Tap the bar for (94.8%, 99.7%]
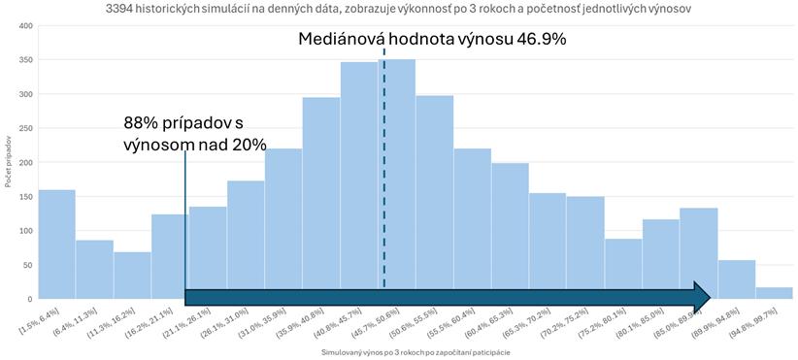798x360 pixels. pyautogui.click(x=774, y=293)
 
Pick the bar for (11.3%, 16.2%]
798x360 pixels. pyautogui.click(x=132, y=276)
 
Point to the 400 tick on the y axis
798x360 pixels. pyautogui.click(x=26, y=25)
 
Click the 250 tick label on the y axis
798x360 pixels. pyautogui.click(x=26, y=128)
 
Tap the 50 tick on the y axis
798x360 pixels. pyautogui.click(x=28, y=265)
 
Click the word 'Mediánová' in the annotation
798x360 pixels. pyautogui.click(x=349, y=39)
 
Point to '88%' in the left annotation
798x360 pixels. pyautogui.click(x=142, y=123)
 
